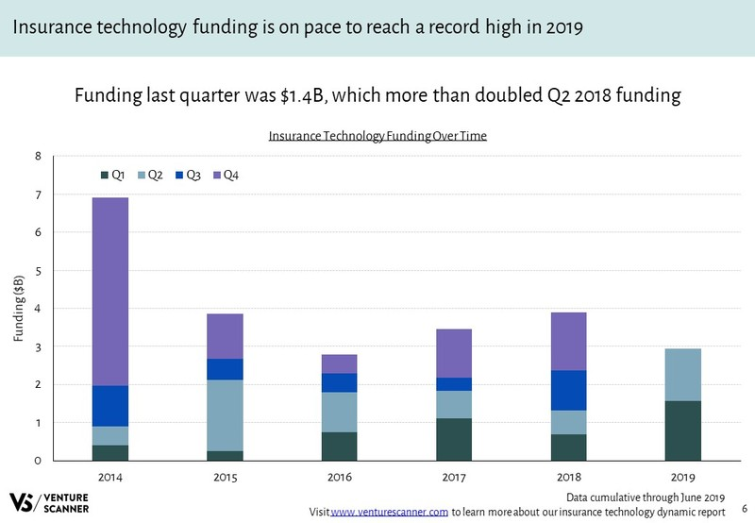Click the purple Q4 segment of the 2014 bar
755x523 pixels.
pos(110,291)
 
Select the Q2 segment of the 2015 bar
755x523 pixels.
pos(226,415)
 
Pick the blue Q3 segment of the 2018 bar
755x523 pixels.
pos(568,390)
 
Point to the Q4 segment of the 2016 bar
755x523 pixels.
pos(340,363)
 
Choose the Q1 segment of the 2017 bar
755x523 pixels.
pos(454,439)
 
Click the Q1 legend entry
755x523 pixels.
pos(113,175)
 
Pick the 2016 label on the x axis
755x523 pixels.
pos(340,478)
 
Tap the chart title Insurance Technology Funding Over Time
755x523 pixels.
pos(377,136)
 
